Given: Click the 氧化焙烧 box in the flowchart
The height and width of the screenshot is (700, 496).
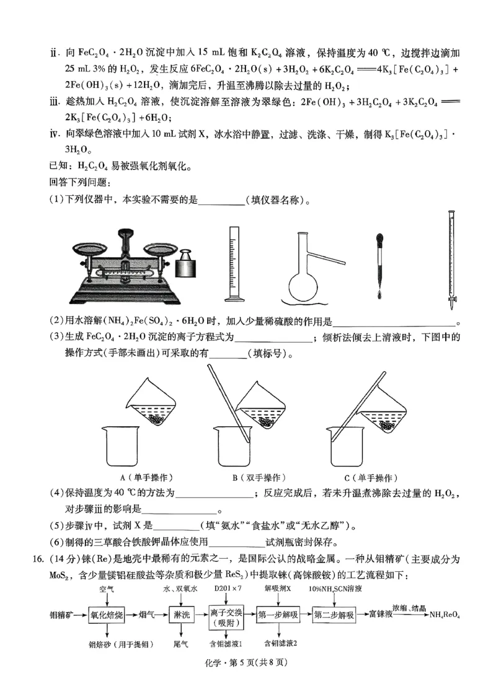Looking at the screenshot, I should pos(107,615).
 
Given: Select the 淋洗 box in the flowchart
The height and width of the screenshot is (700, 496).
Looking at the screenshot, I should pos(181,615).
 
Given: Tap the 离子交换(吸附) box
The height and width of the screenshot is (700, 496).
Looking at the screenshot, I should pos(226,616).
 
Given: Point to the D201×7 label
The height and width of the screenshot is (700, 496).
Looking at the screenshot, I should pos(228,588).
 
